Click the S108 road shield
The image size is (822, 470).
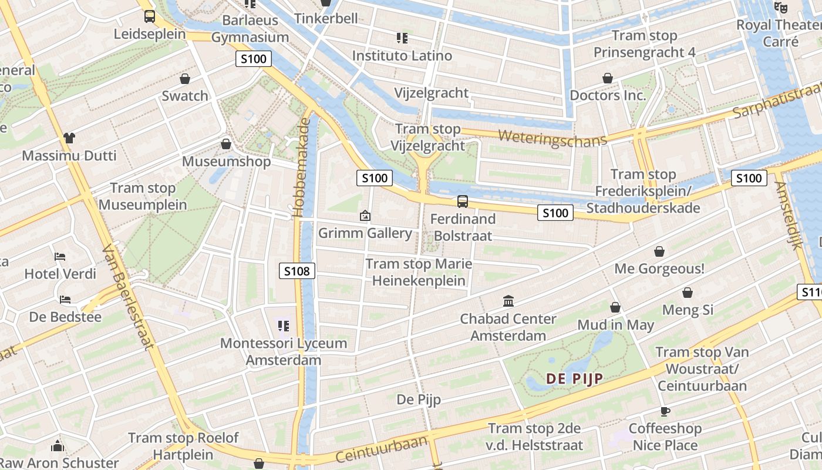[297, 271]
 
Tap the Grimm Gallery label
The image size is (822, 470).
[365, 233]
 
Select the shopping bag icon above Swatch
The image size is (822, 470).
[185, 79]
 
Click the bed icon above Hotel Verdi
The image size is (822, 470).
[60, 257]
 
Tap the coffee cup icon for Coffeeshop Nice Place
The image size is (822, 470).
[665, 411]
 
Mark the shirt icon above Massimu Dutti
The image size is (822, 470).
[69, 138]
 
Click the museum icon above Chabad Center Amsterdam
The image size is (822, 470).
[508, 301]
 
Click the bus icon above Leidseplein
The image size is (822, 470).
[150, 16]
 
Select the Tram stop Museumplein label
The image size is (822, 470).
[143, 197]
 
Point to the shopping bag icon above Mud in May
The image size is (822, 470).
[615, 307]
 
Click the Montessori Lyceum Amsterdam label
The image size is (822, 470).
[284, 351]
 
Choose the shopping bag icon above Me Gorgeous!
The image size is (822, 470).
[659, 251]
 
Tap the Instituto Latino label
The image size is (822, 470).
[402, 56]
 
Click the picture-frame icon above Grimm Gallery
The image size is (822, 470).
[365, 216]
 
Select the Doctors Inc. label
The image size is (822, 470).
[608, 95]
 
